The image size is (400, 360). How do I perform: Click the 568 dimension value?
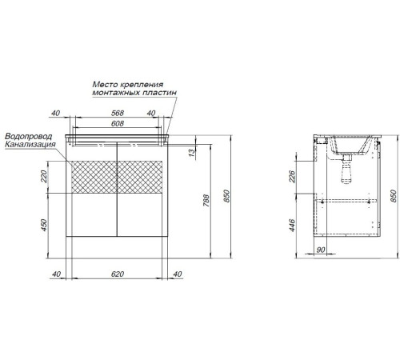(118, 113)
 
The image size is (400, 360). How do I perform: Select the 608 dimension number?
(118, 124)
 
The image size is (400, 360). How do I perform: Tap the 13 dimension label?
(192, 153)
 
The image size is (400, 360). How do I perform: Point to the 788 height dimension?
(206, 201)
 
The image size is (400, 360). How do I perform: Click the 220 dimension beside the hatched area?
(43, 176)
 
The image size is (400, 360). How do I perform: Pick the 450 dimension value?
(43, 226)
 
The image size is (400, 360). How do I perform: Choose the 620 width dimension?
(118, 274)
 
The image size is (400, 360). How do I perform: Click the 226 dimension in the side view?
(293, 177)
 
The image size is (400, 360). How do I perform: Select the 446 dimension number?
(293, 226)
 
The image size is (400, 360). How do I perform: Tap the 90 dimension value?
(321, 250)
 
